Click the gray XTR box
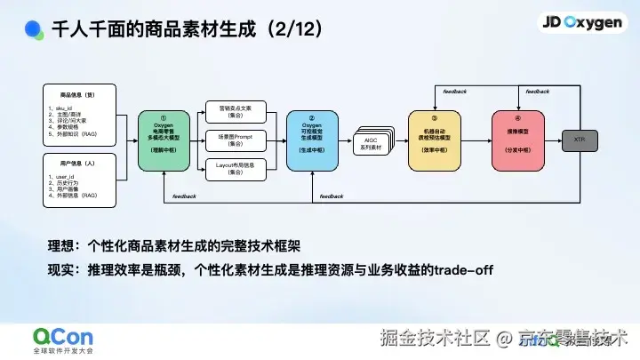pos(579,140)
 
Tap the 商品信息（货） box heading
pos(77,92)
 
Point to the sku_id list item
pos(62,107)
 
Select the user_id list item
pos(62,177)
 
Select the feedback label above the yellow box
pos(452,92)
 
